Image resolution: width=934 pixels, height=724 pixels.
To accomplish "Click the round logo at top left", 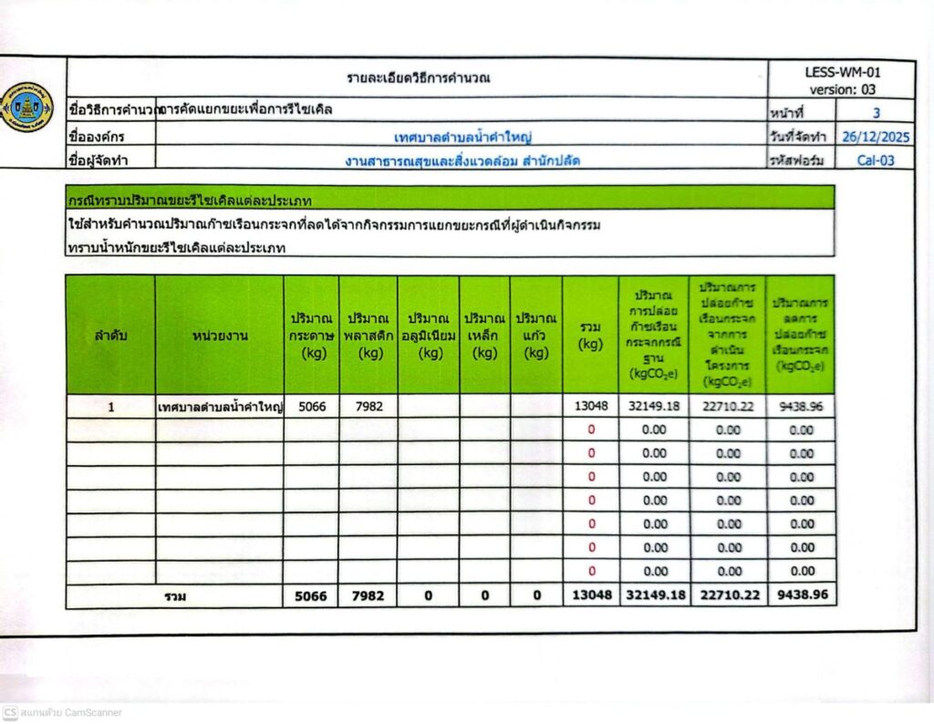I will (x=28, y=108).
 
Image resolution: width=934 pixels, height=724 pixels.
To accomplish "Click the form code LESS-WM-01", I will (x=843, y=72).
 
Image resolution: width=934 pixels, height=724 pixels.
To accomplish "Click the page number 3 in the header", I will (x=877, y=114).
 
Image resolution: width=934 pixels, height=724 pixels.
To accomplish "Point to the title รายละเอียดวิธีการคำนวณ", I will (x=419, y=78).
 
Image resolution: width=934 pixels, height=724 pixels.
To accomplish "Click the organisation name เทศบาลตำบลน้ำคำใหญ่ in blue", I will (x=462, y=137).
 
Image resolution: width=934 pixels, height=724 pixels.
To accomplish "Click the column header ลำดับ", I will (x=110, y=335).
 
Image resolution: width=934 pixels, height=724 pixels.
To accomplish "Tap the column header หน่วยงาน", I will (x=219, y=335).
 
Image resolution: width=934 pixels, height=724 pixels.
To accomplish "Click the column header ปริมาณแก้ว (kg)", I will (x=536, y=335).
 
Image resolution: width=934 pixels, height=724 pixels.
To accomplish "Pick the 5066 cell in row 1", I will (x=311, y=407).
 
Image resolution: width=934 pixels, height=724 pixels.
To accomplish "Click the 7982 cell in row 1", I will (x=368, y=407).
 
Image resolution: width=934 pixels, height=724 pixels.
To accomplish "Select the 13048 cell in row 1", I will (x=590, y=407).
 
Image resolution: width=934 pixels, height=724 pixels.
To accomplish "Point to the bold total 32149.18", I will (x=654, y=595).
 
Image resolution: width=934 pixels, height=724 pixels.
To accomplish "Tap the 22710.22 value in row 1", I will (x=728, y=407).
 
